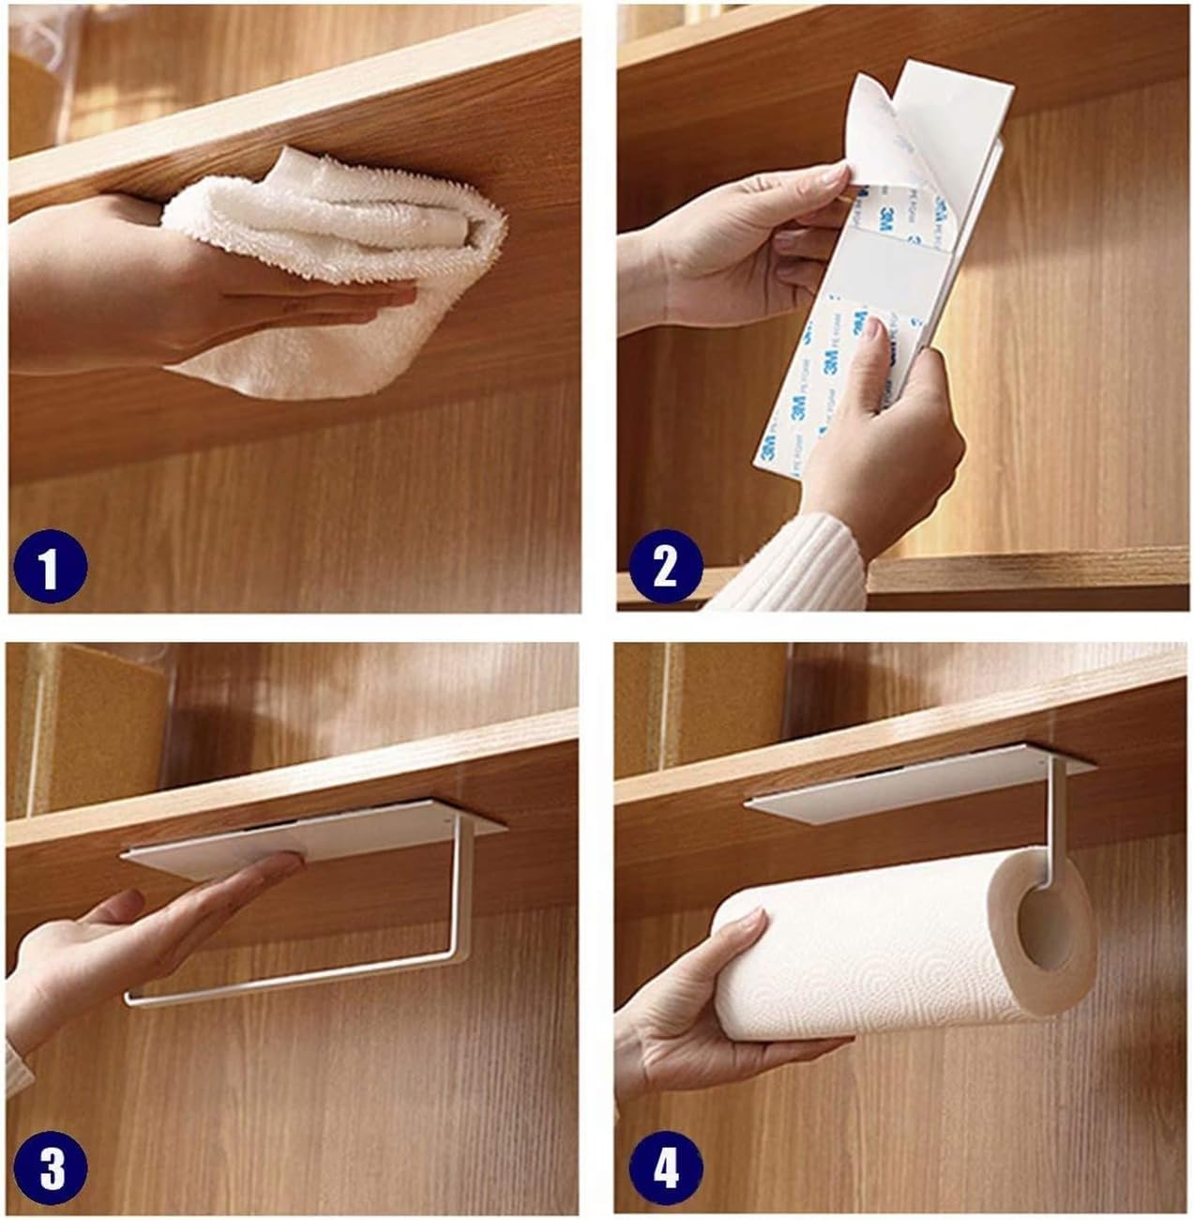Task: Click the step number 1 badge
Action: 50,568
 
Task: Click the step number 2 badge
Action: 664,568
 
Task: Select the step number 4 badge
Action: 665,1170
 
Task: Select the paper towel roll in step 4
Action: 872,957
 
